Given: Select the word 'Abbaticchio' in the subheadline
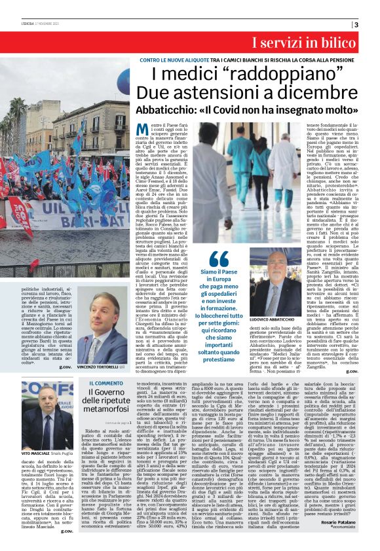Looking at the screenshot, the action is tap(172, 110).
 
